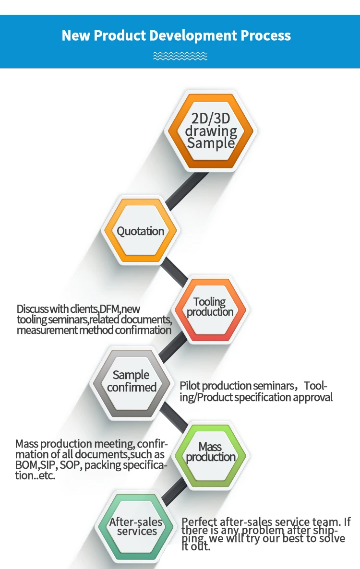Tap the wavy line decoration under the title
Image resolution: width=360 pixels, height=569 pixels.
tap(180, 56)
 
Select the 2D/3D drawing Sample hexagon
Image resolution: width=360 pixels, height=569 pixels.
tap(211, 130)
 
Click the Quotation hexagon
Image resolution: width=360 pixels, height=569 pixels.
tap(141, 231)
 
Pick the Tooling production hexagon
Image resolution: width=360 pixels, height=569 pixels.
tap(210, 308)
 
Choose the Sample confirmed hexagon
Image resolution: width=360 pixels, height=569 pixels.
tap(132, 381)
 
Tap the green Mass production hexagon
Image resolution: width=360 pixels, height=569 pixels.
tap(211, 452)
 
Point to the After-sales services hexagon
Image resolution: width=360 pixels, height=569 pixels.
tap(136, 526)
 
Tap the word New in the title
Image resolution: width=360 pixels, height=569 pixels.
tap(76, 36)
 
